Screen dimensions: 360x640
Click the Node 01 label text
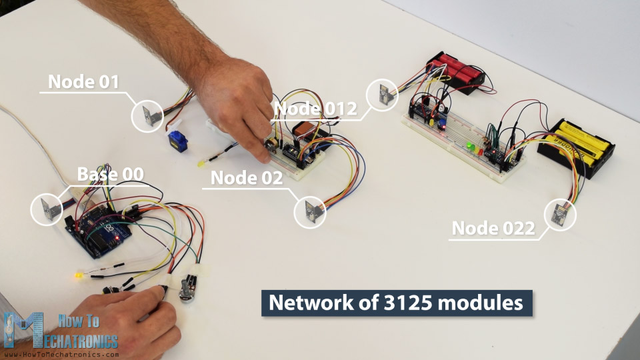83,82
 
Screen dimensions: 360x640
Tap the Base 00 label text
110,175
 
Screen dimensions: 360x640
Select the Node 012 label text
315,108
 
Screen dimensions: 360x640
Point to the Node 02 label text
246,178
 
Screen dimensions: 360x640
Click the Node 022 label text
493,229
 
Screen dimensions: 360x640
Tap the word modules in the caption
484,303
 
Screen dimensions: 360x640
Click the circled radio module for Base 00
47,209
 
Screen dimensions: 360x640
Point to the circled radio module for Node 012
383,95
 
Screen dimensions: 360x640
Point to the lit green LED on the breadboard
471,145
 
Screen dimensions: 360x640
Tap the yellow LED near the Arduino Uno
79,276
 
